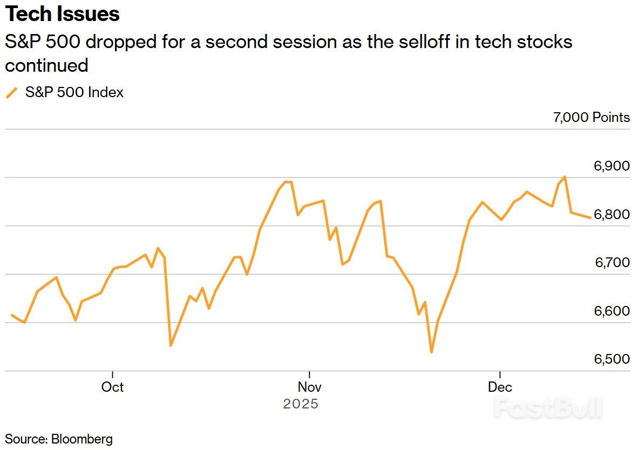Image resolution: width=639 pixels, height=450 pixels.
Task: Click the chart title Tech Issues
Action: pos(63,15)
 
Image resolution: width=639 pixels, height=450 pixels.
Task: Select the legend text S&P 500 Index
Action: pos(74,93)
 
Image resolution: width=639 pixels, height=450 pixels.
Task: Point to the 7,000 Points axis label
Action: pos(591,117)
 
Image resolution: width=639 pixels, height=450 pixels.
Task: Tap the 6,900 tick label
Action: pos(611,166)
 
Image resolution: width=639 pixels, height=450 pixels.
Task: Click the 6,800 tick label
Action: pos(611,214)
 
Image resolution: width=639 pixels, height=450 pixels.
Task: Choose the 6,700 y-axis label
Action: pos(611,263)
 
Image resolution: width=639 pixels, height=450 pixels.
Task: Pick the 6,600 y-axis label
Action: pos(611,311)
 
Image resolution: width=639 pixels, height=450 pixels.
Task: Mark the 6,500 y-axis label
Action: pos(611,359)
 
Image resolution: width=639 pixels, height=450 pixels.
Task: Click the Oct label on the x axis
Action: pos(112,387)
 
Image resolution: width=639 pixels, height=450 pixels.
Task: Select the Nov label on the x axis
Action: pos(309,387)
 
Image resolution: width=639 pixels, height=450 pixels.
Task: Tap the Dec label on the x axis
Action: pos(500,387)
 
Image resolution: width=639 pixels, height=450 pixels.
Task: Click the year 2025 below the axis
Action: pos(301,404)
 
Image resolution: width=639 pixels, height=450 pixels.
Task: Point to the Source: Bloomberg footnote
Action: pos(59,439)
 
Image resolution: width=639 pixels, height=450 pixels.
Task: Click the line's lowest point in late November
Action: pos(431,352)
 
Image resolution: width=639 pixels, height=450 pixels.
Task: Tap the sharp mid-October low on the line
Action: pos(171,345)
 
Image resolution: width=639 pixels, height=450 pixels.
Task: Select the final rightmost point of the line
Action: pos(590,217)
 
